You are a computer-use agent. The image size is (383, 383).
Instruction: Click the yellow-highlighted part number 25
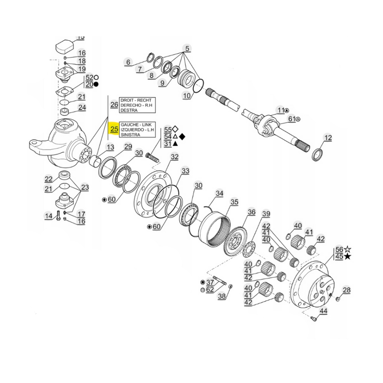click(x=114, y=129)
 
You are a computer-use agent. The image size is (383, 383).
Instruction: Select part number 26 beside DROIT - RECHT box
click(x=114, y=104)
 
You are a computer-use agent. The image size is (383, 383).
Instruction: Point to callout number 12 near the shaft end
click(x=327, y=138)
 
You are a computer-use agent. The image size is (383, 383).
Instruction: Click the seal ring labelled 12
click(x=317, y=155)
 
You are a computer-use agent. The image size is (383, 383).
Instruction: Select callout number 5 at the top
click(x=187, y=48)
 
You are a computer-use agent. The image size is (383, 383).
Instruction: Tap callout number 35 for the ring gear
click(x=234, y=203)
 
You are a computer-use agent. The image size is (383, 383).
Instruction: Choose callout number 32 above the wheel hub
click(x=174, y=157)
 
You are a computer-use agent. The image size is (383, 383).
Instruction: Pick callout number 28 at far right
click(x=347, y=290)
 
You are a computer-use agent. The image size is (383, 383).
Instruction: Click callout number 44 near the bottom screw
click(x=323, y=311)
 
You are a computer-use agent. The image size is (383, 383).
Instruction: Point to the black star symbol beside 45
click(x=348, y=257)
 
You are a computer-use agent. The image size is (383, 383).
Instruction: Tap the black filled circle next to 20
click(x=96, y=84)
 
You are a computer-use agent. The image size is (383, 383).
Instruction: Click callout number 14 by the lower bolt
click(x=48, y=216)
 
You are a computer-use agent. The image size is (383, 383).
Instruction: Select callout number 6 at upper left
click(x=128, y=62)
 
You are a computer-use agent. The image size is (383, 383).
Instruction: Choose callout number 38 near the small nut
click(x=221, y=297)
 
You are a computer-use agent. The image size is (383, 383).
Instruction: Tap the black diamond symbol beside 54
click(x=182, y=136)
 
